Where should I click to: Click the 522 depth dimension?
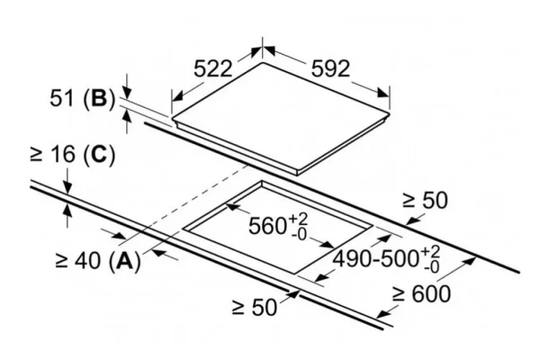coord(212,68)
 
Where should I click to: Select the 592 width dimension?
coord(330,68)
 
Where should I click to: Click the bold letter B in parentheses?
coord(100,98)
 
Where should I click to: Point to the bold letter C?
coord(100,154)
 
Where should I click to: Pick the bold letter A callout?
coord(125,260)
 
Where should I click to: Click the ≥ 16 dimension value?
coord(53,154)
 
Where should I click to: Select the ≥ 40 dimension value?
coord(77,260)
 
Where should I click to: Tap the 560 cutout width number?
coord(267,226)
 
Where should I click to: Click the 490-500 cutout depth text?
coord(375,258)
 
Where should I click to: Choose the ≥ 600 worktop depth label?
coord(421,294)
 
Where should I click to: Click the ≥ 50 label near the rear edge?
coord(425,200)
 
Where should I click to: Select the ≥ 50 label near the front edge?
coord(255,307)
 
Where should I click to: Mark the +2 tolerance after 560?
coord(298,219)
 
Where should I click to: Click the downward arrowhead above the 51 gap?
coord(127,93)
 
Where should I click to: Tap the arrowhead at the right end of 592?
coord(383,93)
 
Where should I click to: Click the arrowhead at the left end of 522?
coord(177,95)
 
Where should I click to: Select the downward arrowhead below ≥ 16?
coord(67,188)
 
